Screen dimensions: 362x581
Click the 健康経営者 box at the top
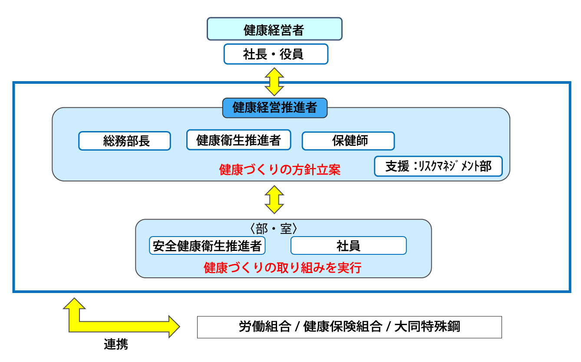point(274,29)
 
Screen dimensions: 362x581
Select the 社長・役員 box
point(275,54)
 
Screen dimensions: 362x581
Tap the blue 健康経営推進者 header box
point(274,108)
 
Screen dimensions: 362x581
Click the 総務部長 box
point(125,141)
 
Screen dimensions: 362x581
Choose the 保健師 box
point(348,141)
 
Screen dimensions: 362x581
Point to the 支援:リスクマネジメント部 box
point(438,166)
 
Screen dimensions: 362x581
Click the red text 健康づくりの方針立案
point(280,169)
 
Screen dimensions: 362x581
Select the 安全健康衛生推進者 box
point(207,246)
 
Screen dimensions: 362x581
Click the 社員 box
point(348,246)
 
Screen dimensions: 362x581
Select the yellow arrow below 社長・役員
point(274,81)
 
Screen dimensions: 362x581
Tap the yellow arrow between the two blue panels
point(274,200)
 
